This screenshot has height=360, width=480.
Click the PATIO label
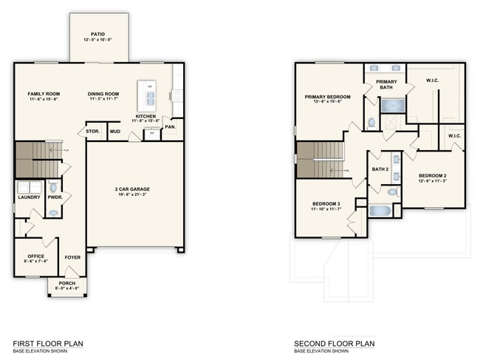tap(97, 33)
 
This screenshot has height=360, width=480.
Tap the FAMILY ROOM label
tap(44, 94)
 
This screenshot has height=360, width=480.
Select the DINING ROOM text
tap(103, 94)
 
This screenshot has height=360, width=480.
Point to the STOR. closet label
tap(92, 132)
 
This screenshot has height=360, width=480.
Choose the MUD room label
tap(114, 132)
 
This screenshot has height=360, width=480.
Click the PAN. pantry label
tap(170, 127)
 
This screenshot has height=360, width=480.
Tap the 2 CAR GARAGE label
tap(134, 189)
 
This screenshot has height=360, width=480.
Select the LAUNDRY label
tap(29, 197)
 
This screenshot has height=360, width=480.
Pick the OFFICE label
tap(35, 257)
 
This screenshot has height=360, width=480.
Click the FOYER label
tap(72, 257)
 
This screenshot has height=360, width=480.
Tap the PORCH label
tap(67, 284)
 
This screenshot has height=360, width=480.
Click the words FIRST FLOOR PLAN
tap(48, 344)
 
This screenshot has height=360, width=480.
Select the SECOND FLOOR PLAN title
tap(335, 344)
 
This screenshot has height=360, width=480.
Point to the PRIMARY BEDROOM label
tap(327, 97)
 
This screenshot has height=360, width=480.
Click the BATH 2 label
tap(380, 169)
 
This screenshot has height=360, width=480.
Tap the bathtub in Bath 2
tap(381, 211)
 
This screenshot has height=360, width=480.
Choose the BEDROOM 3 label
tap(326, 203)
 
